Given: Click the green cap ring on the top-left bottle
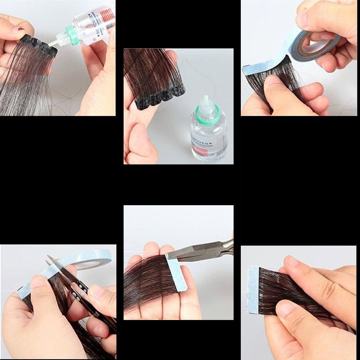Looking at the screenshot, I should point(72,32).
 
